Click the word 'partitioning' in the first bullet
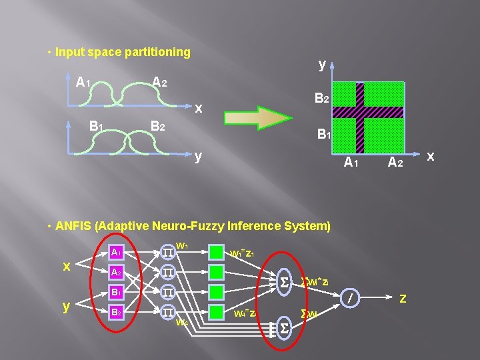click(159, 52)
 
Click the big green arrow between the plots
click(257, 117)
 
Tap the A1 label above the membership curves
click(83, 83)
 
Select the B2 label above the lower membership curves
click(158, 125)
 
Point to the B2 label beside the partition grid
click(321, 99)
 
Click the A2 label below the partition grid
click(395, 161)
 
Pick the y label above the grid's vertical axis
click(322, 65)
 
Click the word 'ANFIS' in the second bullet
click(74, 226)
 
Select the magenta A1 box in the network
click(116, 252)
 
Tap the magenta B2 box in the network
click(116, 311)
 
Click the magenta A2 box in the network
click(116, 272)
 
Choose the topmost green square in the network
click(216, 252)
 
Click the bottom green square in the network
click(216, 311)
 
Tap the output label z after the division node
click(403, 298)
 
